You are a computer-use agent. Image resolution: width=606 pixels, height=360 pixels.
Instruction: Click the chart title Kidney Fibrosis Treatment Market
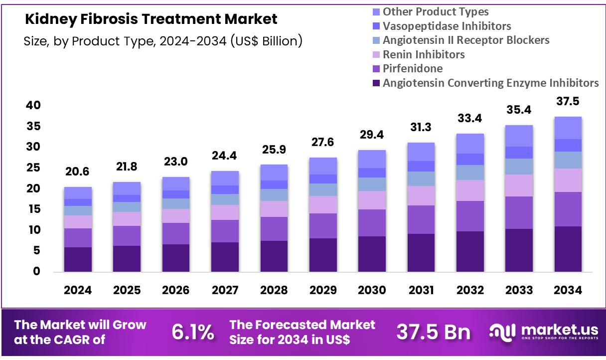151,19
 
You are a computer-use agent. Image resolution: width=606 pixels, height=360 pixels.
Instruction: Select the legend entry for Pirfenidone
412,68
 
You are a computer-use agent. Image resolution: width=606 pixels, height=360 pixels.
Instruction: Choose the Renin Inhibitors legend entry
423,54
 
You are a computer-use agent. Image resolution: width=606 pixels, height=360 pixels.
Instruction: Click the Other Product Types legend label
435,11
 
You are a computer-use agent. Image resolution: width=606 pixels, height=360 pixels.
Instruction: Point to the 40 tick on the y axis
33,105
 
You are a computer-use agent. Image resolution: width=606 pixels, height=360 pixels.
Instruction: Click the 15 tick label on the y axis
33,209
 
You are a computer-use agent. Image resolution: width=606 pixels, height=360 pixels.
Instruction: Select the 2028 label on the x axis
274,290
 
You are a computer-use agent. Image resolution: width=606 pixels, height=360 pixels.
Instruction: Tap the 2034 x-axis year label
568,290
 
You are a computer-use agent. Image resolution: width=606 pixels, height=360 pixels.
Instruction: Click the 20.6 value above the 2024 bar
78,172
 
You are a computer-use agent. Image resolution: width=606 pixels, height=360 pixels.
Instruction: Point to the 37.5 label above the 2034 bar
568,102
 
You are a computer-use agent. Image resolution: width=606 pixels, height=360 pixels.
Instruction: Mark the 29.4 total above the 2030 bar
371,135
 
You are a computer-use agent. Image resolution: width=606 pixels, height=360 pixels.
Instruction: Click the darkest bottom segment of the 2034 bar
568,249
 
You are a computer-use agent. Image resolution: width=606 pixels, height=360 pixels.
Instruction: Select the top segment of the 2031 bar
421,152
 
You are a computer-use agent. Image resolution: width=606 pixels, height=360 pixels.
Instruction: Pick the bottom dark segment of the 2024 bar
78,259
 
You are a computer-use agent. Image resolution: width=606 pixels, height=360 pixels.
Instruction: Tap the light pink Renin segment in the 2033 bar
519,185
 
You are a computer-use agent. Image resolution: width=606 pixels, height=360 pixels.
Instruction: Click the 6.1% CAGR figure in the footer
193,332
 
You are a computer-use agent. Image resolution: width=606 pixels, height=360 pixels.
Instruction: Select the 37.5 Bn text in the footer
433,332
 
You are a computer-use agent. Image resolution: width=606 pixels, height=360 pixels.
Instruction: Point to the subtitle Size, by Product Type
163,41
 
